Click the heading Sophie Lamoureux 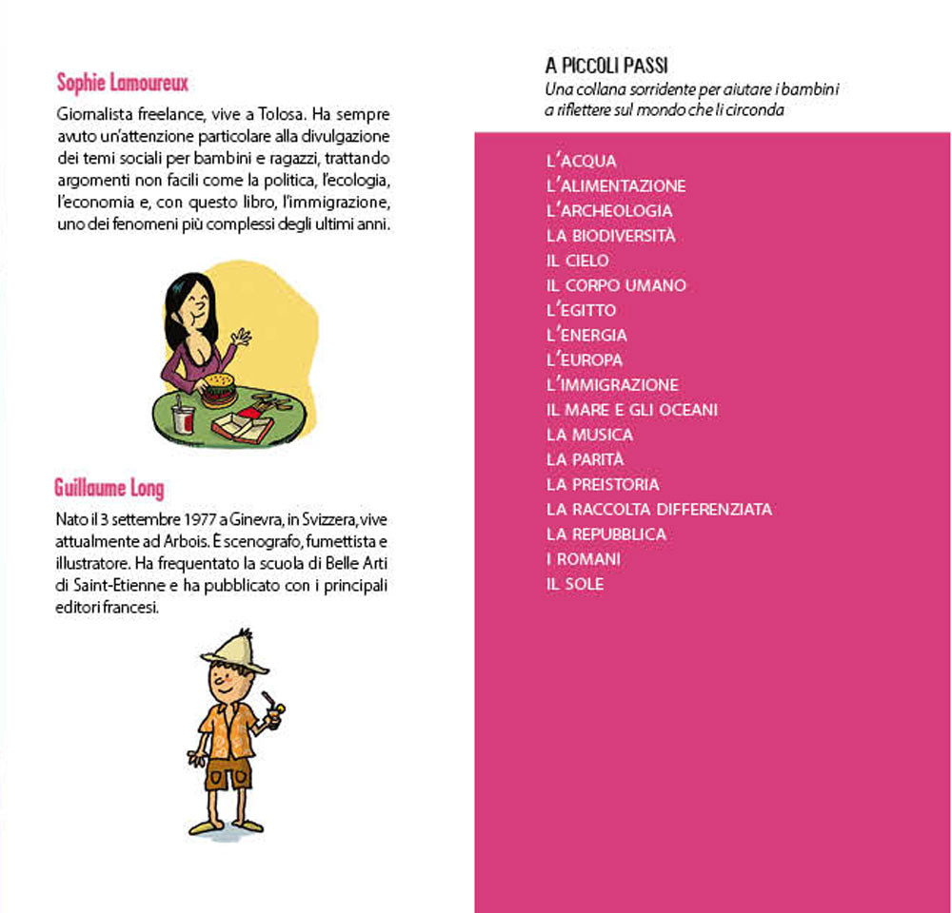coord(122,82)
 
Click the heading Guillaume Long coord(109,490)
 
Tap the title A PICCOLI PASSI coord(606,67)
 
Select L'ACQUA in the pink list coord(582,162)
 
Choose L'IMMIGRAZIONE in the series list coord(612,385)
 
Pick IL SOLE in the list coord(575,584)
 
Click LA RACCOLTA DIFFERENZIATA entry coord(659,510)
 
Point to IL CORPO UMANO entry coord(616,285)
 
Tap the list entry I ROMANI coord(583,559)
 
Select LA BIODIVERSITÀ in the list coord(611,236)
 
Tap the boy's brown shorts coord(228,771)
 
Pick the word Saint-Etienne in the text coord(99,585)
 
